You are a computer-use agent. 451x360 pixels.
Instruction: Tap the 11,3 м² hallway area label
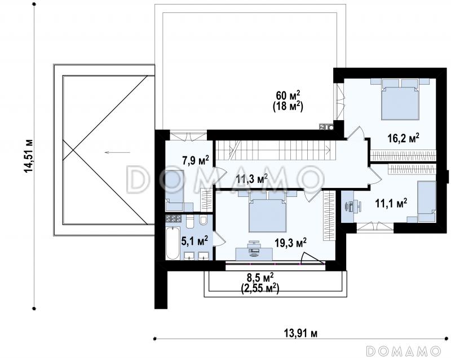[251, 178]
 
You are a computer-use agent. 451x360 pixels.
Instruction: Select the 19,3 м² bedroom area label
[290, 243]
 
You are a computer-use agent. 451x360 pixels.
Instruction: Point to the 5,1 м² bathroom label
[194, 241]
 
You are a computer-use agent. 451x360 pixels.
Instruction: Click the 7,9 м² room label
[196, 160]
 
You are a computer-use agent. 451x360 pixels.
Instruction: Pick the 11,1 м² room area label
[391, 203]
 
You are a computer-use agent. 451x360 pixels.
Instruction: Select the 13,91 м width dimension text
[300, 333]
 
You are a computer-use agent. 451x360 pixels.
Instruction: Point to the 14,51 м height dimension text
[29, 156]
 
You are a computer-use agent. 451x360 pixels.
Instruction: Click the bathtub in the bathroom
[173, 243]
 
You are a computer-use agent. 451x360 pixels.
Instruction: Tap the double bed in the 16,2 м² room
[400, 99]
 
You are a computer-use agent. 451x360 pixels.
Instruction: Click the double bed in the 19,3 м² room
[268, 211]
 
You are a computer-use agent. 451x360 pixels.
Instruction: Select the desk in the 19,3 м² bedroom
[254, 252]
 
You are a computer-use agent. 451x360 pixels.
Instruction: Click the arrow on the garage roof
[117, 152]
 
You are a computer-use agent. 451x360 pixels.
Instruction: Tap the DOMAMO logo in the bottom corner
[403, 350]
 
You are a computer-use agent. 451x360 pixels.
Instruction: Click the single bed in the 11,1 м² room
[427, 201]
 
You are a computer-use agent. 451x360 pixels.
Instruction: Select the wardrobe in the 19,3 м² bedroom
[329, 216]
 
